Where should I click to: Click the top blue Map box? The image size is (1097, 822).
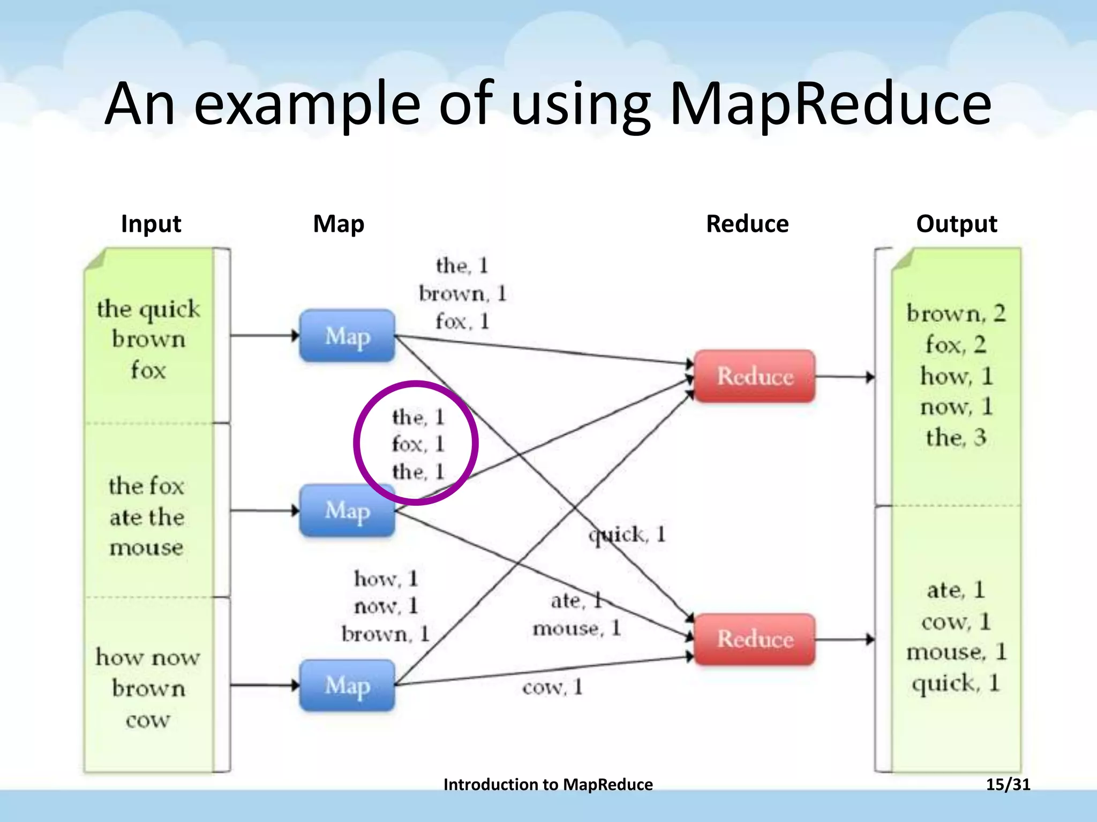347,336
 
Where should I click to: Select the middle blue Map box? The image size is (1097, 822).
347,511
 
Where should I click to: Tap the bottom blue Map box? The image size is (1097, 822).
347,686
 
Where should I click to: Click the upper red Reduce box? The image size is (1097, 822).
754,376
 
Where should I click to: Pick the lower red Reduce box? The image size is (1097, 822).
754,639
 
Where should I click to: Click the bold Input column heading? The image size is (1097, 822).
151,224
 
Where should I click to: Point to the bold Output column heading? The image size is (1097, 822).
957,224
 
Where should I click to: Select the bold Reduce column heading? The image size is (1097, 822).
747,224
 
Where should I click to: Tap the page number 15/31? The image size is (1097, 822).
1008,785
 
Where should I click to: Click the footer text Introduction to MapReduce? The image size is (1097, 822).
548,785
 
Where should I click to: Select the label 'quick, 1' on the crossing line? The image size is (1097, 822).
627,534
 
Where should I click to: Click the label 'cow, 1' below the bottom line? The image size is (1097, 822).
552,687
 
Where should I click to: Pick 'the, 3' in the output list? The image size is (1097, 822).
956,437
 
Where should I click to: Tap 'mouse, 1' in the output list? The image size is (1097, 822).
956,652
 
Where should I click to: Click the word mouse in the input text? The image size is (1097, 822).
146,547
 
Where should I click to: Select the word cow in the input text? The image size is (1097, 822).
148,720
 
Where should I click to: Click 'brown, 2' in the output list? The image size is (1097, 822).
956,313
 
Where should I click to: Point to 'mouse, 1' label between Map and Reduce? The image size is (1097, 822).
576,628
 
